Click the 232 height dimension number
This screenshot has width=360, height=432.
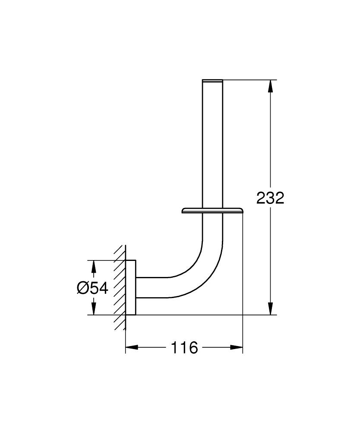pos(270,198)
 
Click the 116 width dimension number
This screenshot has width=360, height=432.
pos(184,347)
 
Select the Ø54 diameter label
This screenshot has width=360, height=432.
pos(92,288)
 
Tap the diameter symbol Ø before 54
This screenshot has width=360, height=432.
pos(83,288)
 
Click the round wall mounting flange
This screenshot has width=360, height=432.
pos(131,288)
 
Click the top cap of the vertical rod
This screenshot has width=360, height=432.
pos(212,80)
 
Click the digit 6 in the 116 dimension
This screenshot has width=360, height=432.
pos(193,347)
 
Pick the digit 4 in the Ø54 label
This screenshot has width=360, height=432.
pos(103,288)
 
